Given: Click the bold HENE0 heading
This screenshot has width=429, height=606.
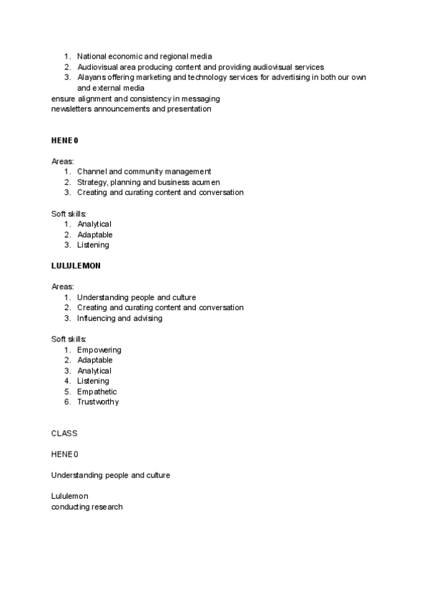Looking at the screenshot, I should click(x=64, y=141).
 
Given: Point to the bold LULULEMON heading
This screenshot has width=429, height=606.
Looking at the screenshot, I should click(x=76, y=266).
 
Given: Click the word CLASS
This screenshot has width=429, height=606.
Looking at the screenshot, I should click(x=64, y=433).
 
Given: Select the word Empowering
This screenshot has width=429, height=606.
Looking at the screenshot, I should click(x=99, y=350).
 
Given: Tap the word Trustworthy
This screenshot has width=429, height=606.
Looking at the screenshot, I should click(x=98, y=402).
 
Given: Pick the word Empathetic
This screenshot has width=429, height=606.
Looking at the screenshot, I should click(x=97, y=392).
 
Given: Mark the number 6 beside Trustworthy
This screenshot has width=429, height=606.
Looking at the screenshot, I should click(x=66, y=402).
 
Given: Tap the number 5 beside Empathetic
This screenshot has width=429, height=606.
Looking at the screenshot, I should click(x=66, y=392).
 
